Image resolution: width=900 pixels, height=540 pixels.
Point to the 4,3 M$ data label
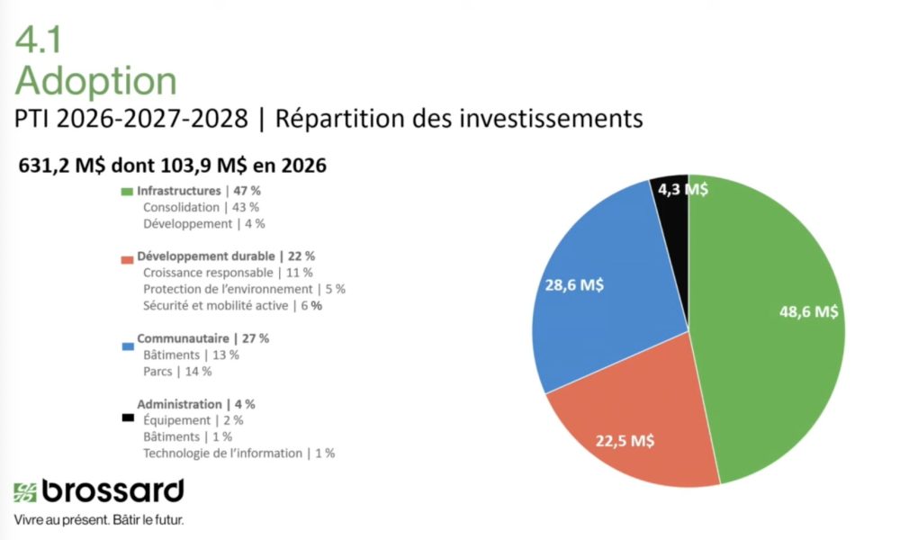tap(682, 189)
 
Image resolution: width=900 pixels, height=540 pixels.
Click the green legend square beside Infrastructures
tap(127, 192)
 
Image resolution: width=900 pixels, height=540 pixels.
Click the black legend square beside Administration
tap(127, 418)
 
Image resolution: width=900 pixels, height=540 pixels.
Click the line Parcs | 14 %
tap(176, 371)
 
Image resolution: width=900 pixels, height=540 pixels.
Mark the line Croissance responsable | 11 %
tap(228, 272)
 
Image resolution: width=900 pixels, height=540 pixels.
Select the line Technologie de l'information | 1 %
tap(238, 453)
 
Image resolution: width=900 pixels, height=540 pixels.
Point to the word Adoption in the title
tap(95, 81)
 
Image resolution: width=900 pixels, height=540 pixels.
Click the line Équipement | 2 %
tap(193, 420)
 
